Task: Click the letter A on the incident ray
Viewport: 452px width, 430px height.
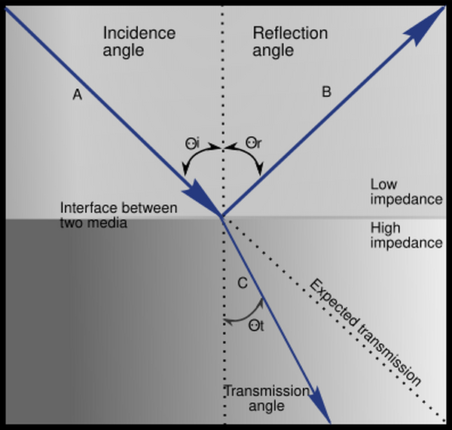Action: point(76,96)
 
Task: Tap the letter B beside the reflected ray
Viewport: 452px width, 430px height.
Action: point(326,92)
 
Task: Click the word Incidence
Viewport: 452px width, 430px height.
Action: point(139,34)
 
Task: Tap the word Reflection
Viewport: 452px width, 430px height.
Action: point(290,34)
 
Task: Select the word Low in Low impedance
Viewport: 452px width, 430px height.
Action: point(384,185)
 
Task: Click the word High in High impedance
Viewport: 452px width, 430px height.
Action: point(386,227)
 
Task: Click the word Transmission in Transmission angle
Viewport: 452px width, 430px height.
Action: point(267,391)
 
